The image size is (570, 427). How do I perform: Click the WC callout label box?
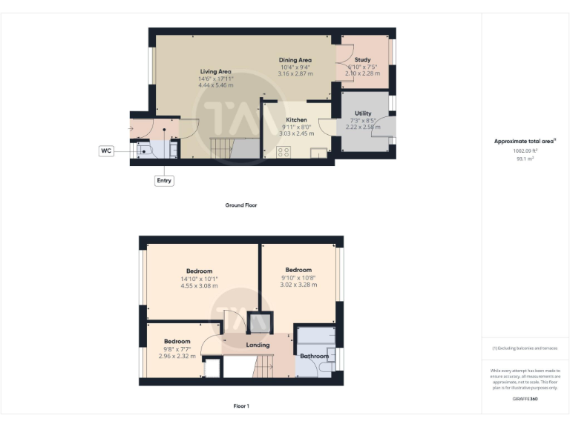click(x=106, y=151)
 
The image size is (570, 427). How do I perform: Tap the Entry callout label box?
click(x=164, y=180)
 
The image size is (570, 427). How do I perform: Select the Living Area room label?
click(x=215, y=71)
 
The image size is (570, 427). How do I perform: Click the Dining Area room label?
click(x=295, y=60)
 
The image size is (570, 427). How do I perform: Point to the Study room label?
click(x=363, y=59)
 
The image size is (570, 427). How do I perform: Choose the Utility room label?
click(x=363, y=113)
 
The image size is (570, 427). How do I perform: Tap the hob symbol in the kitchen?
click(x=284, y=152)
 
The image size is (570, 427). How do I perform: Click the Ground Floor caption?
click(x=241, y=205)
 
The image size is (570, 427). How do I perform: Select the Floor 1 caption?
click(x=241, y=406)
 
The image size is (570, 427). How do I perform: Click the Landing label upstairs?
click(x=258, y=345)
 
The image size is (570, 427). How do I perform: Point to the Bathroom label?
click(x=314, y=357)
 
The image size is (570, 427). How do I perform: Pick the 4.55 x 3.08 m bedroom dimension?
click(x=199, y=285)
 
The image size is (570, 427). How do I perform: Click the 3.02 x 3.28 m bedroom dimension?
click(x=298, y=284)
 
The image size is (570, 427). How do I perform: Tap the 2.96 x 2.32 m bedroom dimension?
click(x=177, y=356)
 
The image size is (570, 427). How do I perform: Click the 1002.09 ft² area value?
click(x=525, y=150)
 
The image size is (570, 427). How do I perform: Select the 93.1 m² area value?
click(x=525, y=157)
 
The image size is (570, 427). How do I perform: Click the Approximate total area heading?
click(x=525, y=141)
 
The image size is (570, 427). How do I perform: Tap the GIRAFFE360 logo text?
click(x=525, y=400)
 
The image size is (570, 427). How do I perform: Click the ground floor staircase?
click(x=223, y=148)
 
